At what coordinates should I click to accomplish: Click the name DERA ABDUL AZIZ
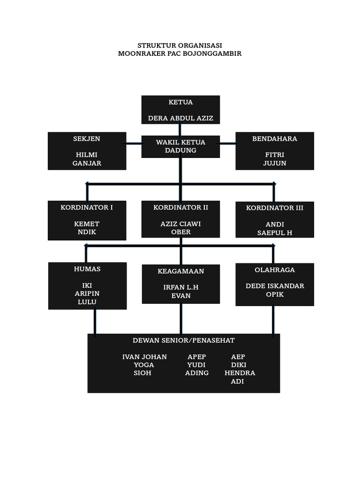tap(180, 118)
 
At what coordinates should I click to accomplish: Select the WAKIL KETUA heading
tap(180, 142)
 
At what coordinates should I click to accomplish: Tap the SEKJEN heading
tap(87, 139)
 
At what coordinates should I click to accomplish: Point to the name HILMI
tap(87, 155)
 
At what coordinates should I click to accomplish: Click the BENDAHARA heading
tap(275, 139)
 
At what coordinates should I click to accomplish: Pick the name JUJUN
tap(275, 163)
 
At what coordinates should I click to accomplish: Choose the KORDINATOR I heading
tap(87, 207)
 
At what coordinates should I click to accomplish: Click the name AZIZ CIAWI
tap(180, 224)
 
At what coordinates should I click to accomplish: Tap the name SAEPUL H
tap(275, 232)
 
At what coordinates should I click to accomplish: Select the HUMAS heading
tap(87, 269)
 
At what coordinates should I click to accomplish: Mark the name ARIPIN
tap(87, 293)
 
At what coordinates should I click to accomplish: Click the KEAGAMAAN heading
tap(181, 271)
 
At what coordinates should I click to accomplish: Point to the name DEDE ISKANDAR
tap(275, 286)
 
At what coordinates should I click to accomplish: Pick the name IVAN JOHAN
tap(144, 357)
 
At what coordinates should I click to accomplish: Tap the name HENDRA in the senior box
tap(240, 373)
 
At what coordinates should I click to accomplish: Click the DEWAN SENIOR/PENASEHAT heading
tap(184, 340)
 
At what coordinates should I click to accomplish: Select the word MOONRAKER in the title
tap(139, 53)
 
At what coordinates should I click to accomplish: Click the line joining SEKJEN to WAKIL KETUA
tap(134, 143)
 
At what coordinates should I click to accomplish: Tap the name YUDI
tap(196, 365)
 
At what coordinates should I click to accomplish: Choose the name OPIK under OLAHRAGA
tap(275, 294)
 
